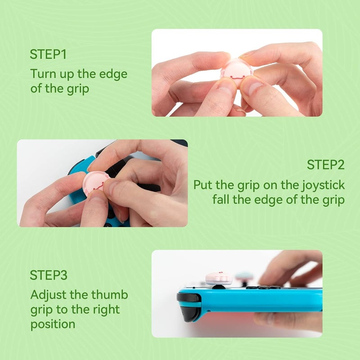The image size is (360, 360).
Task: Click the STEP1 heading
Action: click(48, 54)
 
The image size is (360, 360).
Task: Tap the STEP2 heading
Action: click(326, 165)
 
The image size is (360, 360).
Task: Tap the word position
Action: click(53, 324)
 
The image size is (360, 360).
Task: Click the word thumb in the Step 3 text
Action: click(110, 295)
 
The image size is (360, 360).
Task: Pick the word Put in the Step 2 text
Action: click(203, 184)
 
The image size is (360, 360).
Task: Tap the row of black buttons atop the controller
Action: click(263, 287)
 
